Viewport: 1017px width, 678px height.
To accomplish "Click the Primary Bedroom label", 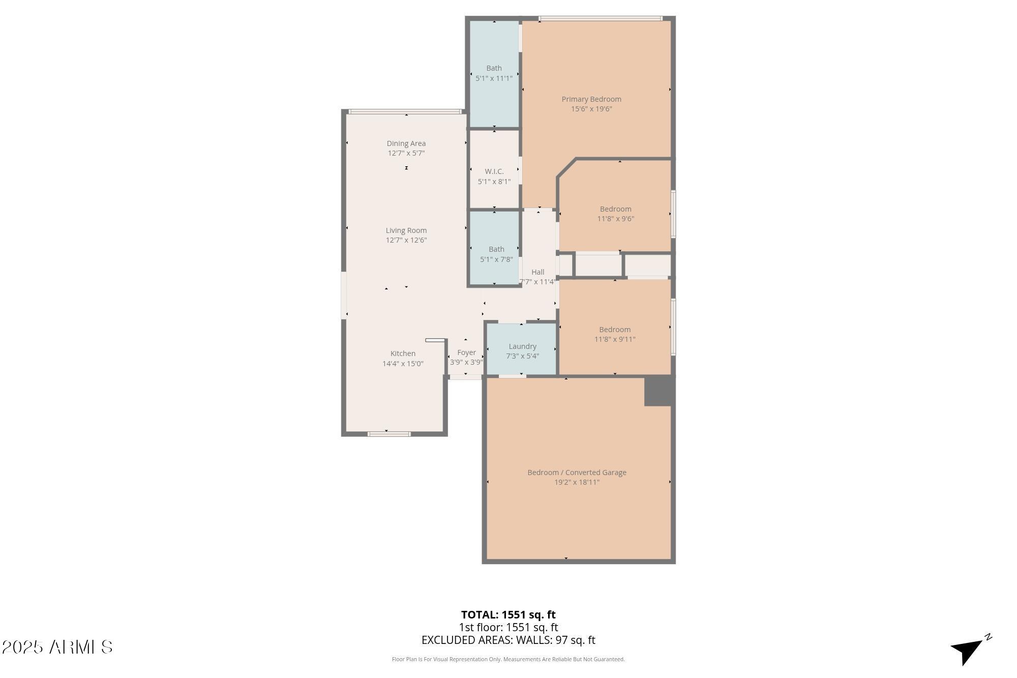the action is tap(591, 99).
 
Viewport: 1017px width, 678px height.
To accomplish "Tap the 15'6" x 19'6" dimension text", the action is tap(591, 109).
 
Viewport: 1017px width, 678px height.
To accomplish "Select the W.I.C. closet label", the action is tap(494, 171).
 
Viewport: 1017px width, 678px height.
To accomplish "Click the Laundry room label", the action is tap(522, 346).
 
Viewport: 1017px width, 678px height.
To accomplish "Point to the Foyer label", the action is tap(466, 352).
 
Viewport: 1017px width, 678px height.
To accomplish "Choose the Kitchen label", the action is tap(403, 353).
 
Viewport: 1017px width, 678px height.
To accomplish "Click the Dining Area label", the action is tap(406, 143).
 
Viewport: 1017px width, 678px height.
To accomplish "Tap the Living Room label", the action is tap(406, 230).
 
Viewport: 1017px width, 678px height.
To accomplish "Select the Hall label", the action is tap(538, 272).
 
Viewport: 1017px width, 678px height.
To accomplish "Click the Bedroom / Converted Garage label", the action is tap(577, 473).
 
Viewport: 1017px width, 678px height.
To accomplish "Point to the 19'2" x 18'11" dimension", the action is tap(577, 482).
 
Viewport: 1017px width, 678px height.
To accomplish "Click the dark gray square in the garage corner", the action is tap(660, 391).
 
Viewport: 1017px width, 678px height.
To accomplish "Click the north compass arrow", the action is tap(970, 650).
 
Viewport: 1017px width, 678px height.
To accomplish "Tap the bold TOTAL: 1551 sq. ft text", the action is tap(508, 614).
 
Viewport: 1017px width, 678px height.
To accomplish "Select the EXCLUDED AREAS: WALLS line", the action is tap(508, 640).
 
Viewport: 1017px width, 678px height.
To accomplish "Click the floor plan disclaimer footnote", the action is tap(508, 659).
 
